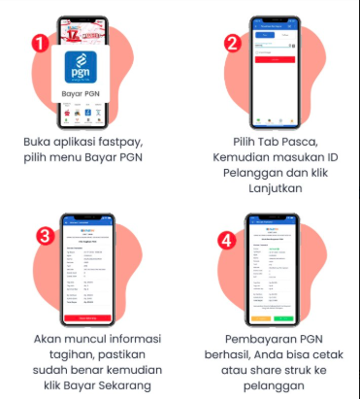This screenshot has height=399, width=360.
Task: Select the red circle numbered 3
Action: (45, 235)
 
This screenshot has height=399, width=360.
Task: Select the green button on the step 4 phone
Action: (285, 317)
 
